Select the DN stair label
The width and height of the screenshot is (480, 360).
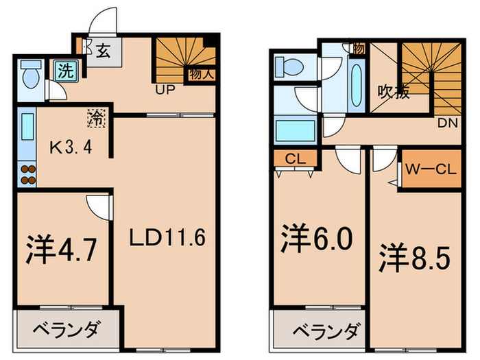click(446, 123)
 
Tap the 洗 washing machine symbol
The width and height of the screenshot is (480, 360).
click(64, 70)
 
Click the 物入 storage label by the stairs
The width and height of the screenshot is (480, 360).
click(200, 75)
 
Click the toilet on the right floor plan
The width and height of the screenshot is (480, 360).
click(286, 67)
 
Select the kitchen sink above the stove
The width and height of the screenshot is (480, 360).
click(27, 128)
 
